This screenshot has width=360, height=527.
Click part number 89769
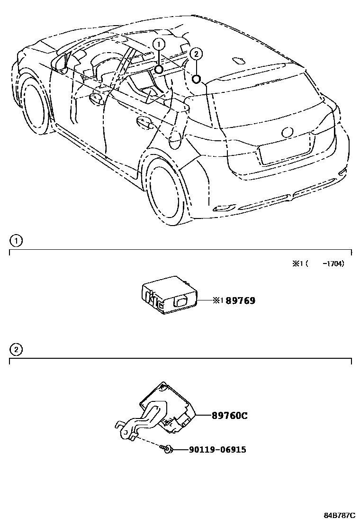tap(241, 300)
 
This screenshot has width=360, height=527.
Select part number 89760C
tap(230, 416)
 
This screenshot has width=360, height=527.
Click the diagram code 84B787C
tap(339, 515)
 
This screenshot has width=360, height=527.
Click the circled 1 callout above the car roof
tap(159, 44)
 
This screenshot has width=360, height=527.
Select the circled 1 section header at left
tap(16, 241)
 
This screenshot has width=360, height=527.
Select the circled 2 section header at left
tap(16, 350)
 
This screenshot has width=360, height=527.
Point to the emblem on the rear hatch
tap(287, 132)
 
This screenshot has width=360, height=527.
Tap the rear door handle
tap(144, 123)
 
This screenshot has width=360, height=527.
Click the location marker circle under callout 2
tap(197, 78)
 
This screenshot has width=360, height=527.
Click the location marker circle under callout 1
tap(159, 70)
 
